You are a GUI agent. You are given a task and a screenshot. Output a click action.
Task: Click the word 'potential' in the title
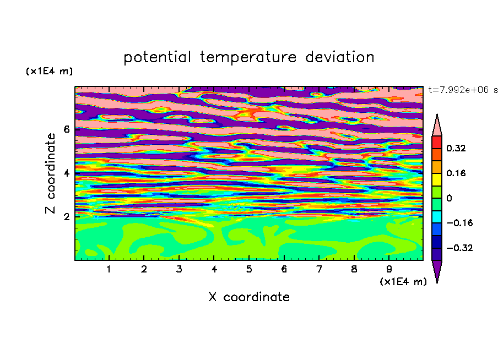157,58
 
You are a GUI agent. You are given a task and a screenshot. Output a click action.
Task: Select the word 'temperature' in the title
248,58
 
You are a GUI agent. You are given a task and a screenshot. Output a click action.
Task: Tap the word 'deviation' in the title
340,57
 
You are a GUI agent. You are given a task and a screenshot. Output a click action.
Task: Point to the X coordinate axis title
249,297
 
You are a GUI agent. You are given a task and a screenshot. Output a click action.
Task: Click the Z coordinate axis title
50,173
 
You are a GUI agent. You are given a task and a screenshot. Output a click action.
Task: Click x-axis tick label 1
109,269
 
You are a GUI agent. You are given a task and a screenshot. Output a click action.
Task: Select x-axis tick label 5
249,269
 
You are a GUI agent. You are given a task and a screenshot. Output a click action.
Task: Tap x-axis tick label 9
389,269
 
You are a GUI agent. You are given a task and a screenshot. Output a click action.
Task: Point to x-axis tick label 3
179,269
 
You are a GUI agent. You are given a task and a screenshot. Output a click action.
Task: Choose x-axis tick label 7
319,269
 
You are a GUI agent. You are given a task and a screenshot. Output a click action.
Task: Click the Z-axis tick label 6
66,129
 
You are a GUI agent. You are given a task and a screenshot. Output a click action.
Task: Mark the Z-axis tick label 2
66,217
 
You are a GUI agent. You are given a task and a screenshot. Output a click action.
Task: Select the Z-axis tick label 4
66,173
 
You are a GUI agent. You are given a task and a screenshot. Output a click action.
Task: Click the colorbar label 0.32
456,148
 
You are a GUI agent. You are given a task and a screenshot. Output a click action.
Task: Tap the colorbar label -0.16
459,223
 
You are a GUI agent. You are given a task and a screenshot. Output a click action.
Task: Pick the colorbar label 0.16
456,173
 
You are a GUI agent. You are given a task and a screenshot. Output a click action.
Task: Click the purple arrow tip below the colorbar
437,282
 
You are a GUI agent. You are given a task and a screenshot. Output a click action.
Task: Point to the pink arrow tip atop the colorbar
437,114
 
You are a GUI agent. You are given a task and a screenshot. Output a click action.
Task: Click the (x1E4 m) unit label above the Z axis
49,71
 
